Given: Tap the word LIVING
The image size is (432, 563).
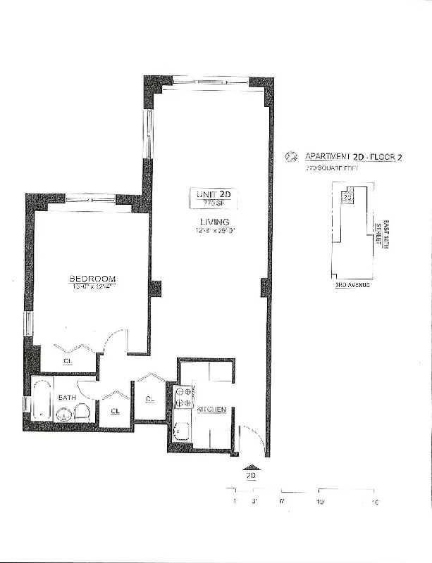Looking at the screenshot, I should pyautogui.click(x=213, y=222).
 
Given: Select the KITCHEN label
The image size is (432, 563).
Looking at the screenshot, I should pyautogui.click(x=211, y=409).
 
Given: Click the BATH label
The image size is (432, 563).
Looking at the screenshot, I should pyautogui.click(x=67, y=398).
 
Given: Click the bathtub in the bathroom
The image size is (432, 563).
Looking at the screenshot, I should pyautogui.click(x=42, y=400).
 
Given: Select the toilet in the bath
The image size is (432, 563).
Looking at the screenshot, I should pyautogui.click(x=83, y=412).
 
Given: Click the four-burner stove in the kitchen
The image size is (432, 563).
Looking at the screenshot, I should pyautogui.click(x=183, y=398).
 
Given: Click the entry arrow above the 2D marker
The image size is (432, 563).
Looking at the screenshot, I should pyautogui.click(x=250, y=465).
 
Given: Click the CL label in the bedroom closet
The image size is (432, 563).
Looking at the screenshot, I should pyautogui.click(x=68, y=362).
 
